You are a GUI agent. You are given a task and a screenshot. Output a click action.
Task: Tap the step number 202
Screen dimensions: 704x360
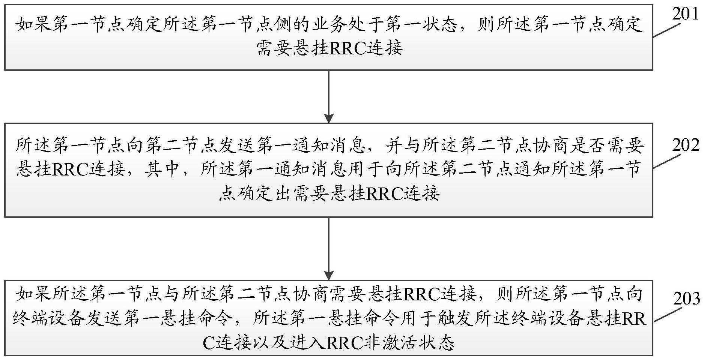(x=685, y=145)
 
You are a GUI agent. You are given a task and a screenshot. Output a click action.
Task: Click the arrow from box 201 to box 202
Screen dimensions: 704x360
(x=329, y=96)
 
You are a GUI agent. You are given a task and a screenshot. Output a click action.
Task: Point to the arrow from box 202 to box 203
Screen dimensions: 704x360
(x=329, y=248)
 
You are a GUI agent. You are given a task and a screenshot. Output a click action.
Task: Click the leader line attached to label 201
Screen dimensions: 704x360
(x=666, y=30)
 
